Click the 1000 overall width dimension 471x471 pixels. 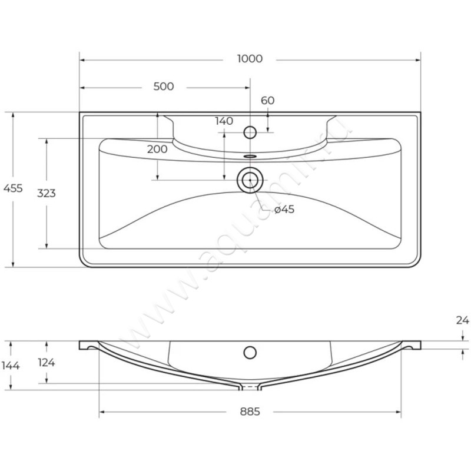(x=250, y=59)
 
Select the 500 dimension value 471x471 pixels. (x=163, y=87)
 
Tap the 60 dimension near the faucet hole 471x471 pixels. (x=267, y=100)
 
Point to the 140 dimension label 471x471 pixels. (x=224, y=121)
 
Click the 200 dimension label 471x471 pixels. (x=157, y=149)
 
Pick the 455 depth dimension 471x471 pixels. (x=13, y=188)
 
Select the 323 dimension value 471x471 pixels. (x=46, y=193)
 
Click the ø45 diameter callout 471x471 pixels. (x=284, y=210)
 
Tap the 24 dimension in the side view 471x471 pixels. (x=462, y=321)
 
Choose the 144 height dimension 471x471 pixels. (x=11, y=366)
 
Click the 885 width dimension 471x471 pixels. (x=250, y=412)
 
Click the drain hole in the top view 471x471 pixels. (x=250, y=180)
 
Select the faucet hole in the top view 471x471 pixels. (x=250, y=132)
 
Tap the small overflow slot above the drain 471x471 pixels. (x=250, y=157)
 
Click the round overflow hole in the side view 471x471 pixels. (x=250, y=353)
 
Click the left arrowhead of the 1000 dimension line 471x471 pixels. (x=82, y=59)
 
